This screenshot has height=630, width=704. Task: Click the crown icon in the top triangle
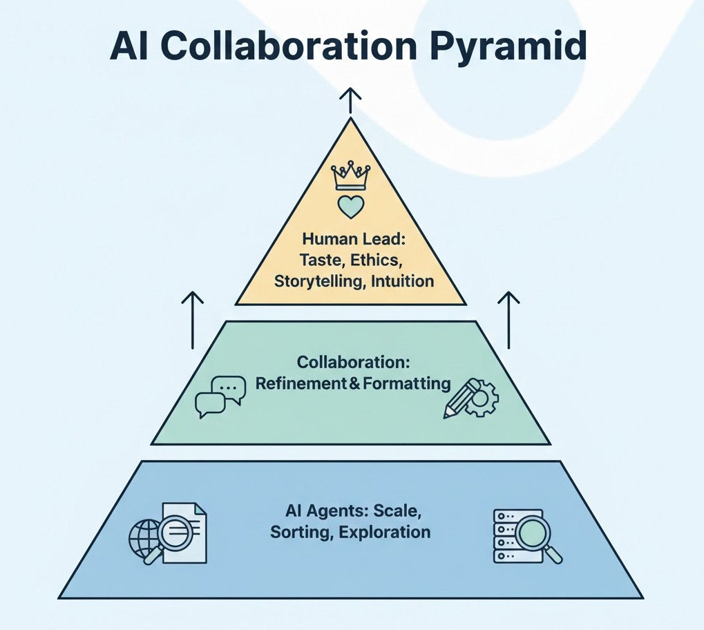click(350, 176)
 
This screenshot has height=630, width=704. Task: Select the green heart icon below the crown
click(350, 207)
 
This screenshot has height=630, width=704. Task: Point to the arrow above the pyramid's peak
click(350, 100)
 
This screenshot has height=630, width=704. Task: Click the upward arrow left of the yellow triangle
click(193, 319)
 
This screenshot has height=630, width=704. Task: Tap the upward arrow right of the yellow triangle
click(508, 319)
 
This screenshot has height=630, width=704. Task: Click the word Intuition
click(402, 281)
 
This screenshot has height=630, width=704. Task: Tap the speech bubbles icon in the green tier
click(220, 397)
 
